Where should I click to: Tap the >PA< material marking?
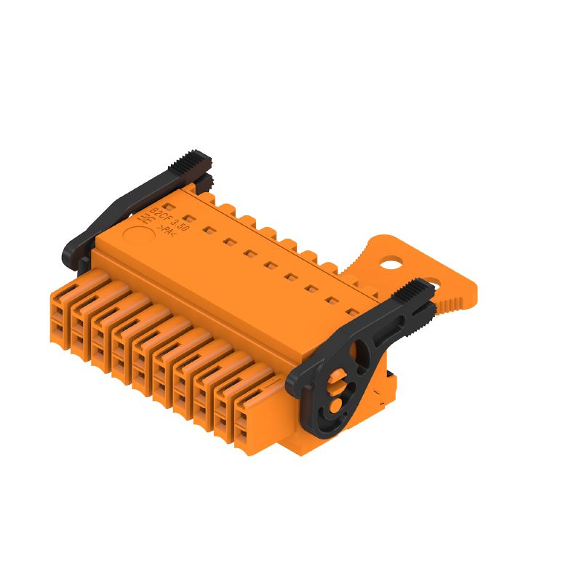[x=166, y=232]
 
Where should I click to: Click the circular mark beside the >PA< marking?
[x=134, y=236]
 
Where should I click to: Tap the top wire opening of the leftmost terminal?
[x=57, y=316]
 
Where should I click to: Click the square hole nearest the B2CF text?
[x=188, y=218]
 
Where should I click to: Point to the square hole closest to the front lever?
[x=351, y=312]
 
